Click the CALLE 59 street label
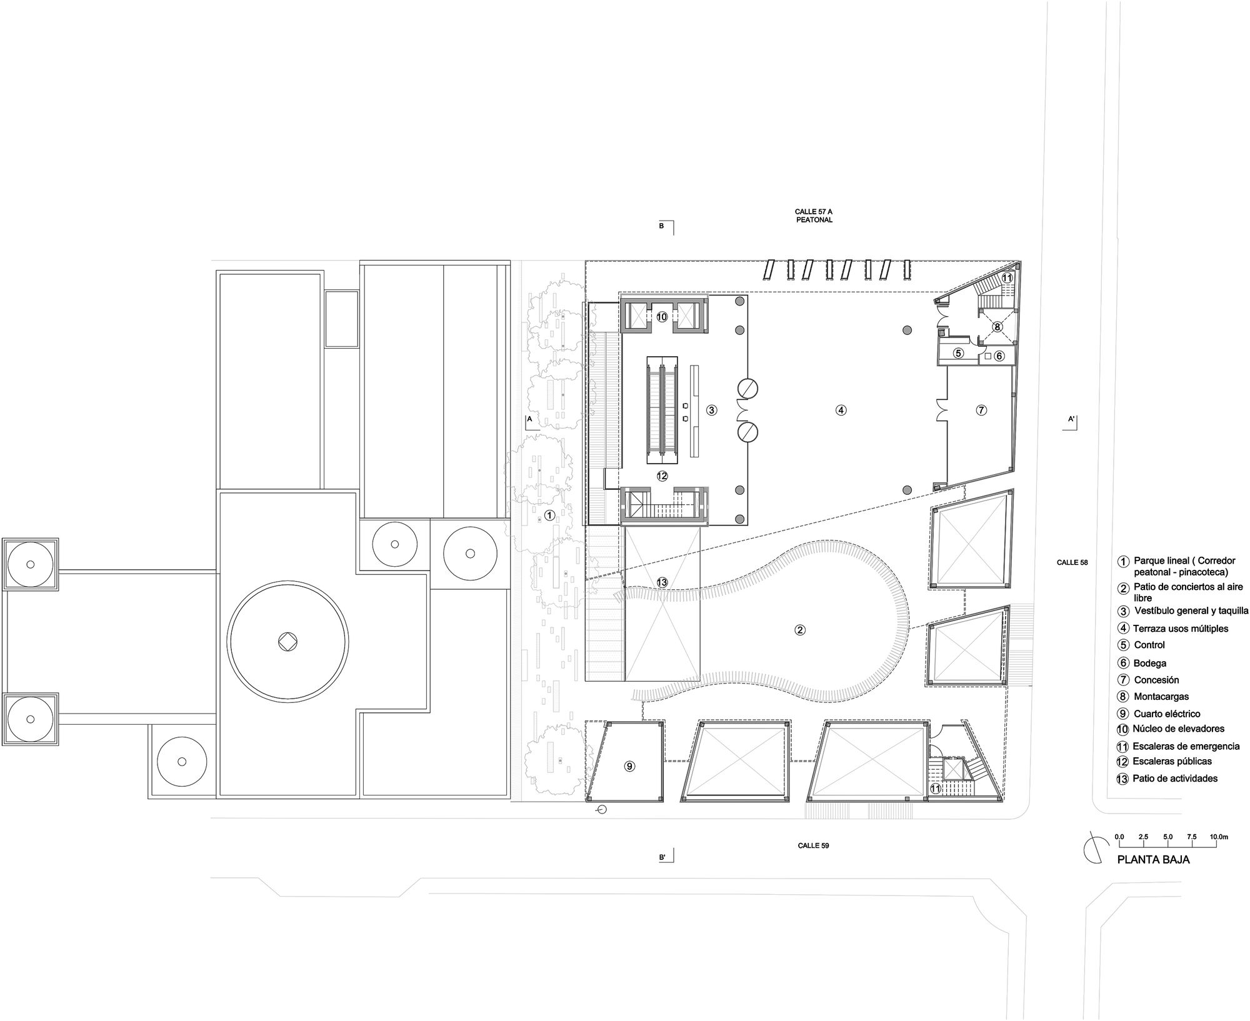tap(813, 845)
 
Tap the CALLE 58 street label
tap(1072, 562)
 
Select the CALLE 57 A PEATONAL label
tap(814, 216)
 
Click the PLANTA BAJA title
tap(1153, 860)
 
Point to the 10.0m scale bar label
tap(1219, 837)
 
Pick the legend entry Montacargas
tap(1161, 696)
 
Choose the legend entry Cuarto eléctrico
tap(1166, 714)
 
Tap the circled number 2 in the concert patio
tap(800, 630)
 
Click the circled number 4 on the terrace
tap(841, 411)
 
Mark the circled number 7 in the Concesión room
tap(981, 411)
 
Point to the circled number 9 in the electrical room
tap(630, 767)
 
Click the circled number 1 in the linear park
tap(549, 515)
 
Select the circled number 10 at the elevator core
tap(662, 317)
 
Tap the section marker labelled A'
tap(1073, 421)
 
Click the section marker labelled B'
tap(666, 857)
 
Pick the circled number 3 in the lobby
tap(711, 410)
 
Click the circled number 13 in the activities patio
tap(662, 582)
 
